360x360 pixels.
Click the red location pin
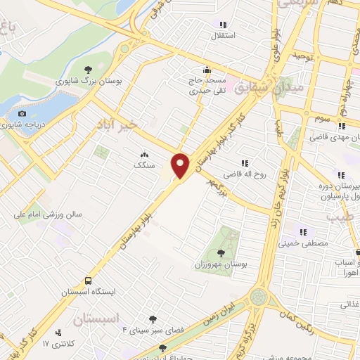click(x=181, y=165)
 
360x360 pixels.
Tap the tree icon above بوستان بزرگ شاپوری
click(x=88, y=69)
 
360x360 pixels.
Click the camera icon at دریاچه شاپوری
click(x=22, y=114)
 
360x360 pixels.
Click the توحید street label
click(x=303, y=55)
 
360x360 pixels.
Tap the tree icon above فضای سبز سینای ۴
click(x=150, y=319)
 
